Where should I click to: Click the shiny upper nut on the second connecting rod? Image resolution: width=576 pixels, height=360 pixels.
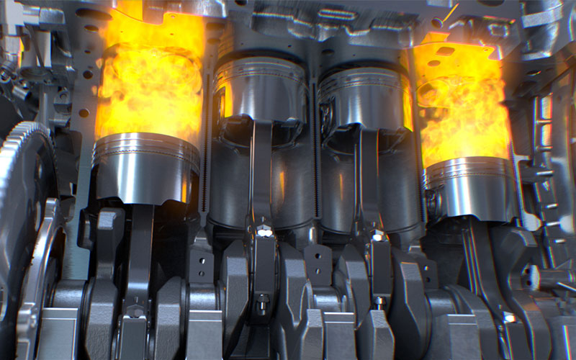264,233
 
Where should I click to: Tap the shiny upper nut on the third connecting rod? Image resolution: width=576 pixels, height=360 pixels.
376,235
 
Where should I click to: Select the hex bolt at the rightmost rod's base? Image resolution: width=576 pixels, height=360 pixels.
509,317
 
